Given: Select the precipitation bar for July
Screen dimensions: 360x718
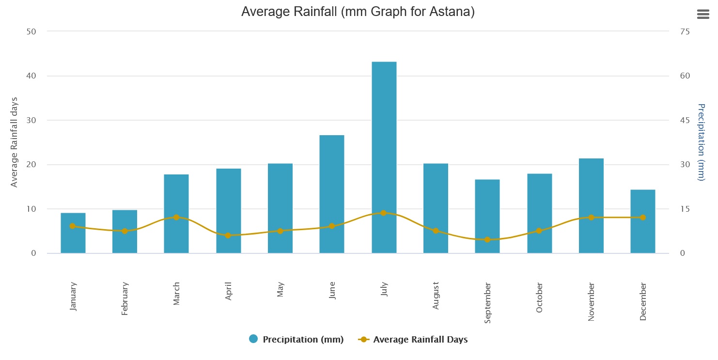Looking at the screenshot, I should pyautogui.click(x=384, y=157).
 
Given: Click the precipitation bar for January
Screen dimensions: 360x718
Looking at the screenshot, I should pyautogui.click(x=73, y=233).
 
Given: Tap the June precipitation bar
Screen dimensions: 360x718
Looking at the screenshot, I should pyautogui.click(x=332, y=194).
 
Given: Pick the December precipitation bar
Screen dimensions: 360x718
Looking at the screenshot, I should pyautogui.click(x=643, y=221).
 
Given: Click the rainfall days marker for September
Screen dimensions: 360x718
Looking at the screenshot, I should pyautogui.click(x=487, y=239).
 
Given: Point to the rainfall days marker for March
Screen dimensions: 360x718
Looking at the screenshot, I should pyautogui.click(x=176, y=217).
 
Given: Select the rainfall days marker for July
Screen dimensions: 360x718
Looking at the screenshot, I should pyautogui.click(x=384, y=213).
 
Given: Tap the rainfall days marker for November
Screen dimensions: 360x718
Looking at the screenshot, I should pyautogui.click(x=591, y=217).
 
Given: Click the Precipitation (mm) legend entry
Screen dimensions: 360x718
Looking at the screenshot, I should pyautogui.click(x=296, y=339).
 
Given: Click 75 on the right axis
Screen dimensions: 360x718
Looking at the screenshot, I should pyautogui.click(x=685, y=31).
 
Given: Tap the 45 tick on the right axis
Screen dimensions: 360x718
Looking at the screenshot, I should pyautogui.click(x=685, y=120).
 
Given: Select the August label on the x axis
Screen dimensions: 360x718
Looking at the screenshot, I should pyautogui.click(x=436, y=295).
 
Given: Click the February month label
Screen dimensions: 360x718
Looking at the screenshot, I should pyautogui.click(x=125, y=298).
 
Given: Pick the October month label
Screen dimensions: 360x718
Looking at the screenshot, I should pyautogui.click(x=540, y=297).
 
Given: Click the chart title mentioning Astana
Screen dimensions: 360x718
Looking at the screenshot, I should pyautogui.click(x=358, y=12).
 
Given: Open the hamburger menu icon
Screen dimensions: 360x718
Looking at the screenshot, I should pyautogui.click(x=703, y=15).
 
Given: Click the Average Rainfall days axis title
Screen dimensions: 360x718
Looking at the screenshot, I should pyautogui.click(x=15, y=142).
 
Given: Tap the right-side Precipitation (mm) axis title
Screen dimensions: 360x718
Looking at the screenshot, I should pyautogui.click(x=700, y=142).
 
